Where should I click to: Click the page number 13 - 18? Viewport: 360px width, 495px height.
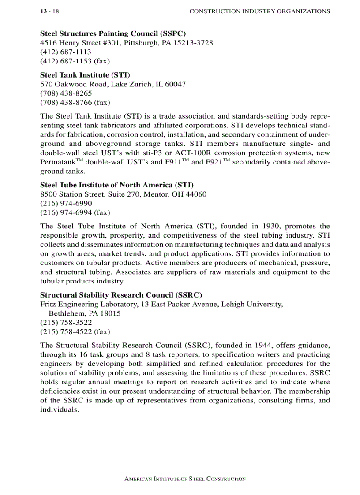49,11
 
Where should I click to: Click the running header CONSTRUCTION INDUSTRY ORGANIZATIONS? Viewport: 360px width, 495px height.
259,11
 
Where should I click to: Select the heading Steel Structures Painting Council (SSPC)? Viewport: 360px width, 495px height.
113,33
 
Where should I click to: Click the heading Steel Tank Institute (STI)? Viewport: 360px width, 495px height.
85,75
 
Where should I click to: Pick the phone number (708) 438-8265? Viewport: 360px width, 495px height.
66,93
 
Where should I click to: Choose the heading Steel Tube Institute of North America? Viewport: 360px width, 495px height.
116,185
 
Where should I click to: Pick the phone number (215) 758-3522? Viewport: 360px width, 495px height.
66,322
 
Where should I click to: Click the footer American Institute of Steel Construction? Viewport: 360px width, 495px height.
185,479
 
